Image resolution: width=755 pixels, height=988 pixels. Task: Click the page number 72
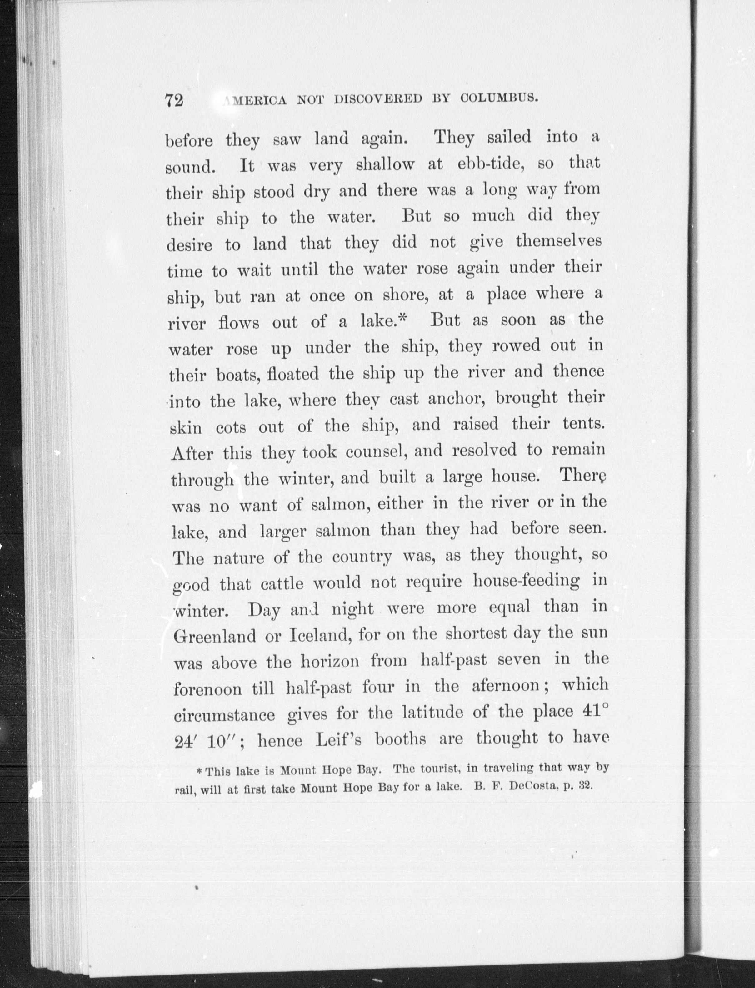(x=174, y=100)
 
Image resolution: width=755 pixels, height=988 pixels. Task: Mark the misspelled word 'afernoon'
(x=506, y=686)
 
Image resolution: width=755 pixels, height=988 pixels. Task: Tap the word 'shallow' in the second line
(x=385, y=164)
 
